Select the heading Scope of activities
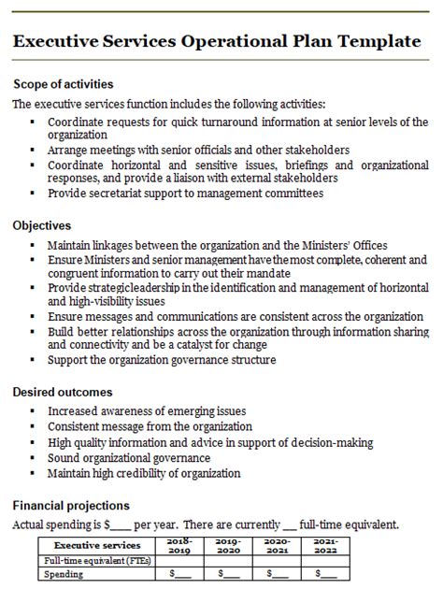point(63,84)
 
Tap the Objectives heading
point(42,225)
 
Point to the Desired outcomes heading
point(63,392)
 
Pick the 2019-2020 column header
point(227,545)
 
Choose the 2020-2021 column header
point(277,545)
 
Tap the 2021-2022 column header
point(326,545)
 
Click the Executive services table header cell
point(97,545)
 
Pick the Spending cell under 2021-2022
point(326,573)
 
